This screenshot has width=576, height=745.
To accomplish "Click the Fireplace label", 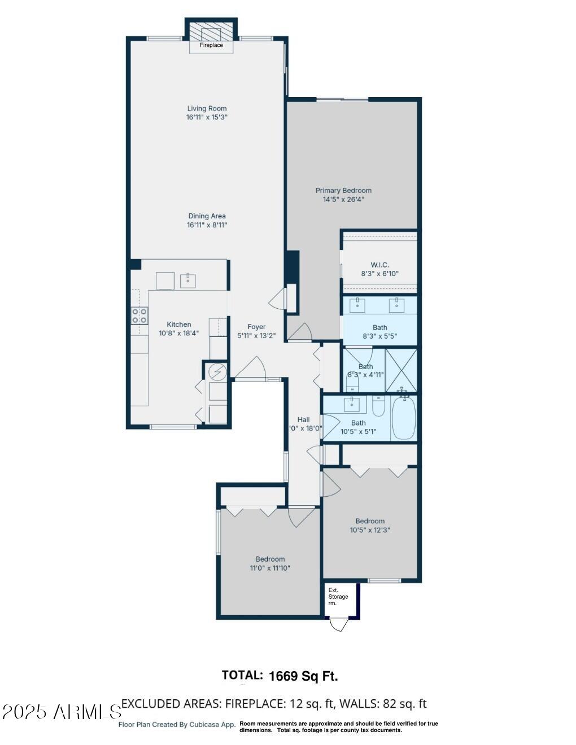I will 211,45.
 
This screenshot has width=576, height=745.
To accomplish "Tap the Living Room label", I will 207,108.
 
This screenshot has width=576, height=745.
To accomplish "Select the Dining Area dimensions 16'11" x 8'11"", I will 207,225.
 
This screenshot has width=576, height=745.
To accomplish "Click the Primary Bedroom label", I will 343,191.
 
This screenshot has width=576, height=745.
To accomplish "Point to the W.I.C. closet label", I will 379,265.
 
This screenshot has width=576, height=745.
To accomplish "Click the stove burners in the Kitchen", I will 139,315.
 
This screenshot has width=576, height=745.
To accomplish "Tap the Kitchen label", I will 178,325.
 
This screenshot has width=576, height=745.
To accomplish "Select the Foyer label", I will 256,327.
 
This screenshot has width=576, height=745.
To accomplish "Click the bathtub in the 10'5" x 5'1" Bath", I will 403,418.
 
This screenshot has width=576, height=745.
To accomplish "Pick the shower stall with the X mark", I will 401,370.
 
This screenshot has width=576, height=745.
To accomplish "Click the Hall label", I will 304,419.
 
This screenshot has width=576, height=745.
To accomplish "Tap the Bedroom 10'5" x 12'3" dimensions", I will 370,530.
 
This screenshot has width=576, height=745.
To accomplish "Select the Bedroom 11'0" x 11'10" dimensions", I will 270,568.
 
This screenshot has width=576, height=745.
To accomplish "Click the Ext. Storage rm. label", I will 338,597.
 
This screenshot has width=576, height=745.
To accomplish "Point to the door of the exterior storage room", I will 339,624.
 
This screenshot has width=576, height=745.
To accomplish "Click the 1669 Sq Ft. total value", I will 303,676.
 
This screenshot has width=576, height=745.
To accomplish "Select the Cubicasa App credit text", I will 177,725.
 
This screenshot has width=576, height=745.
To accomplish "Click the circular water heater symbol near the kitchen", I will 217,371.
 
